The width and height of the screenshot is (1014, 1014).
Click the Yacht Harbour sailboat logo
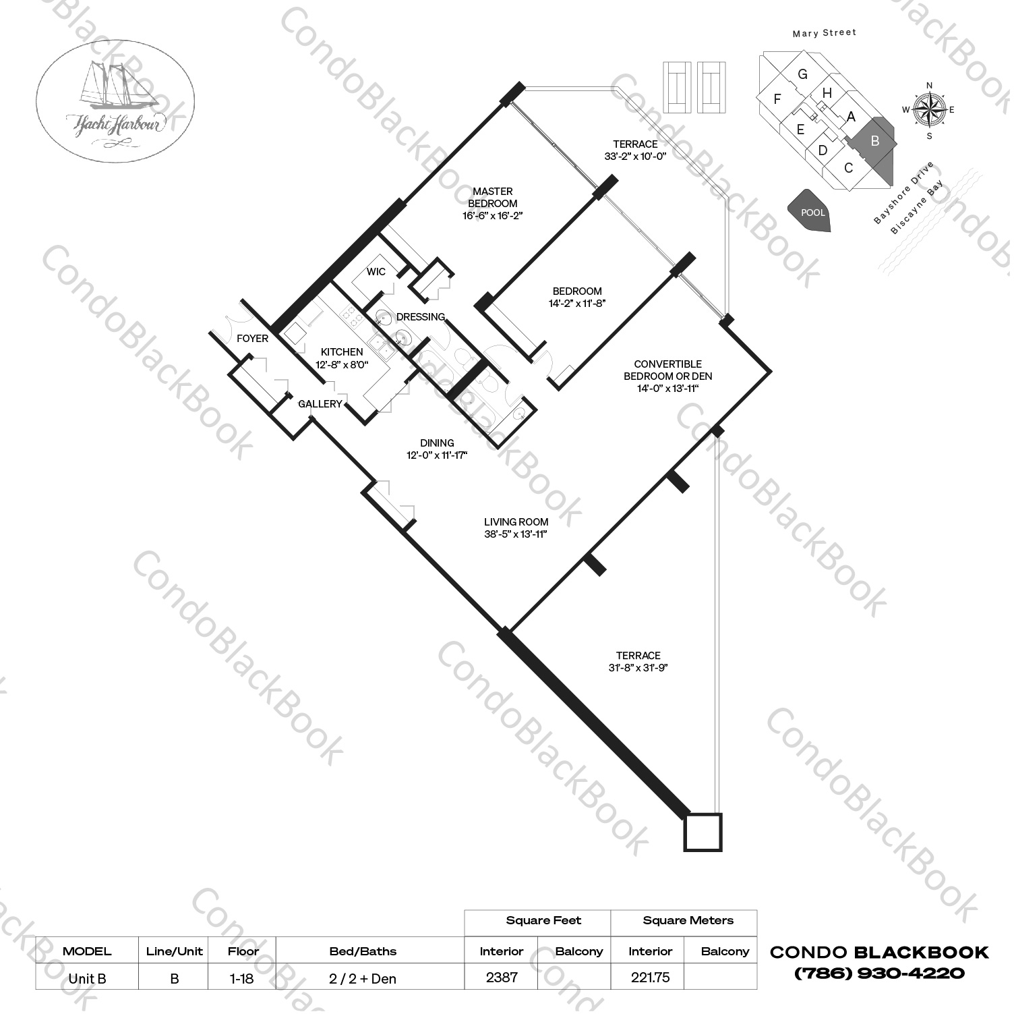(x=115, y=101)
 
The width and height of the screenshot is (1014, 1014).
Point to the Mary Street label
(x=824, y=32)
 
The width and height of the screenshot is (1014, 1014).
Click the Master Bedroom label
(x=493, y=197)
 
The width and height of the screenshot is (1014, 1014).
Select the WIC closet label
(x=376, y=271)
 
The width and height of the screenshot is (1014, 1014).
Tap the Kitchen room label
(x=342, y=351)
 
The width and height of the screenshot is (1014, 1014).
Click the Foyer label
(x=252, y=338)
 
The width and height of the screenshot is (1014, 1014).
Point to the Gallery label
(x=320, y=403)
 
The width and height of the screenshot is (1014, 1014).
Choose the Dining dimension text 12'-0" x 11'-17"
(x=437, y=455)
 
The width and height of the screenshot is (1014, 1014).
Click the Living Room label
(x=516, y=522)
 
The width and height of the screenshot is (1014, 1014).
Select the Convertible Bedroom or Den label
(x=667, y=370)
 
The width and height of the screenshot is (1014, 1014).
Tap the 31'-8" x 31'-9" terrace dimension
(x=638, y=668)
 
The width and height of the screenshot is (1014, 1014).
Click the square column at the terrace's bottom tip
(x=703, y=832)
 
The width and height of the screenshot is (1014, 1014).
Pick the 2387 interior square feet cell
(x=501, y=977)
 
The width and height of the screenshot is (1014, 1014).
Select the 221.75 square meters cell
(x=650, y=977)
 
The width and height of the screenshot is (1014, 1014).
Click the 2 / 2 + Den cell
(x=363, y=978)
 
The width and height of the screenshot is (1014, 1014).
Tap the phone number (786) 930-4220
(x=879, y=973)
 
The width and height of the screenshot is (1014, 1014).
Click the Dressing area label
(x=421, y=316)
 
